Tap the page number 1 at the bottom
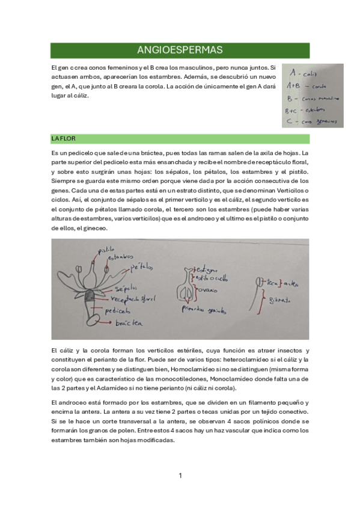tap(180, 476)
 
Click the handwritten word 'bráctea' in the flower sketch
tap(130, 324)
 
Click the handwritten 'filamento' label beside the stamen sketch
tap(279, 299)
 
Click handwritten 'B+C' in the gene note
tap(293, 110)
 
